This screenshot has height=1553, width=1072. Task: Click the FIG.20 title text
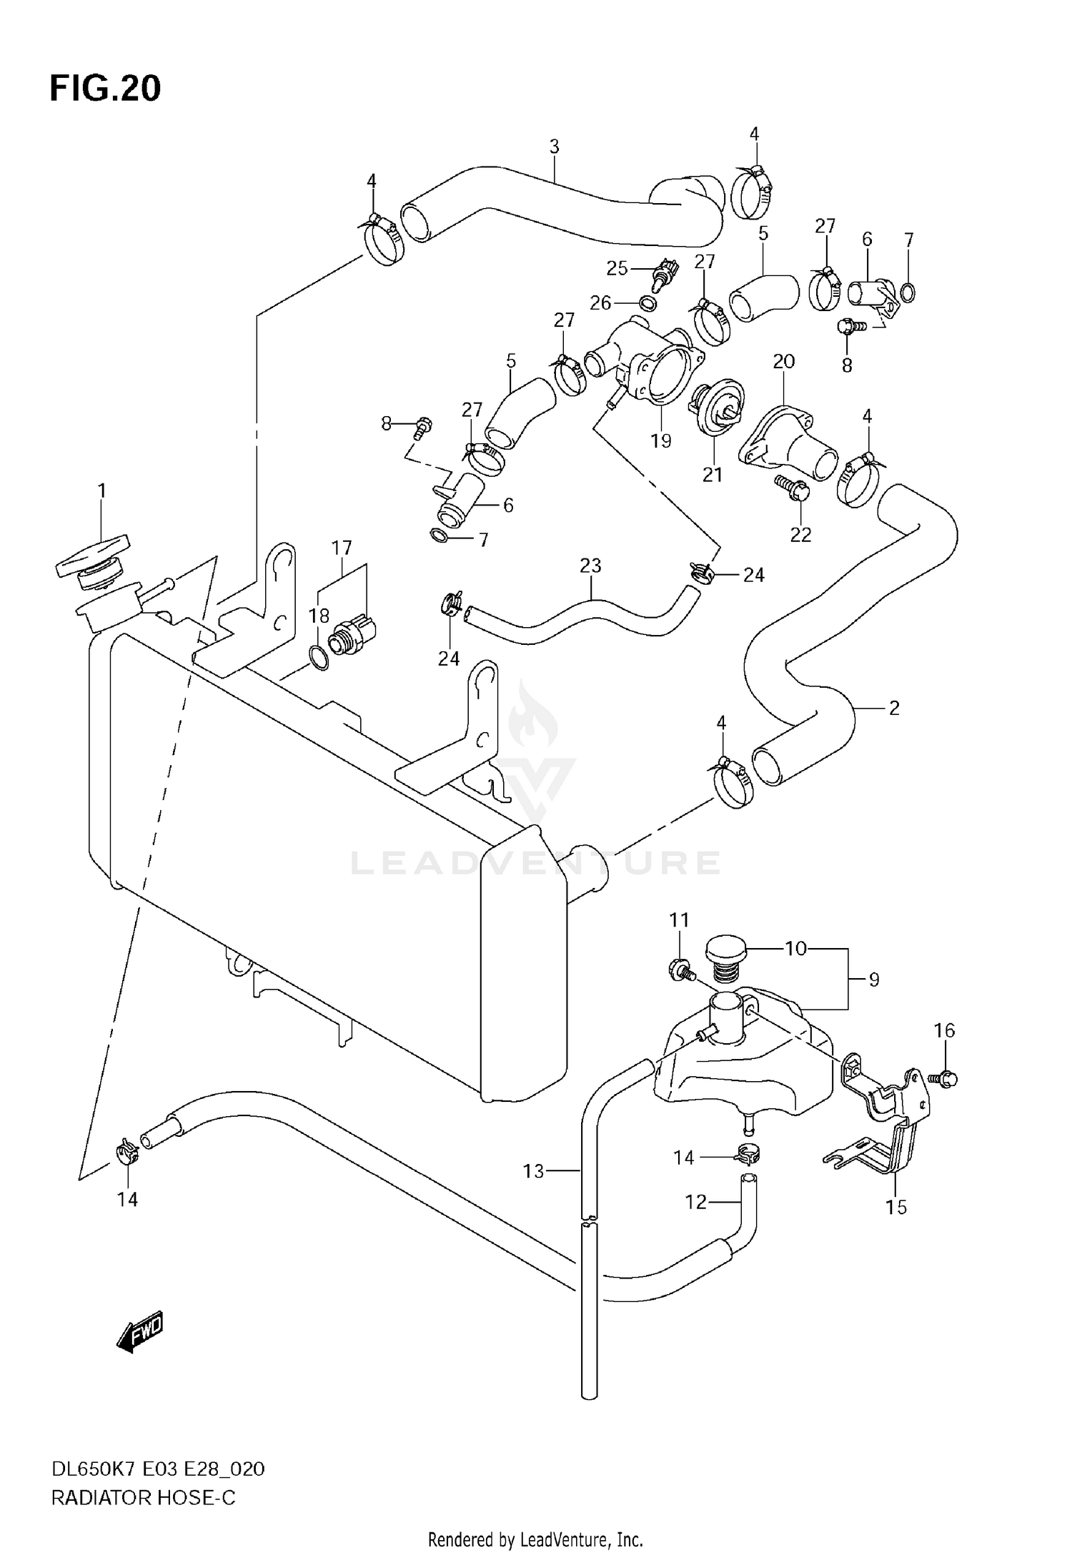[x=105, y=89]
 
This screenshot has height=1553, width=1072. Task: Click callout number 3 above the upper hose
[x=554, y=147]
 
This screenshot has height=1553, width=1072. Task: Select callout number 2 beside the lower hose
[x=894, y=708]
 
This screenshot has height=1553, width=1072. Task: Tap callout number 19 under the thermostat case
[x=661, y=441]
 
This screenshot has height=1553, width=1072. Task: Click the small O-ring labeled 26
[x=647, y=303]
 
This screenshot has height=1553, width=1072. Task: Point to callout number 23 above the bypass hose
[x=590, y=566]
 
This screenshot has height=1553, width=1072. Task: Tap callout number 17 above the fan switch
[x=342, y=548]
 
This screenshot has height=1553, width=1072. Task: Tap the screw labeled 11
[x=679, y=970]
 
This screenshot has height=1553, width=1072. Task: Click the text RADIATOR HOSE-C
[x=143, y=1497]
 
